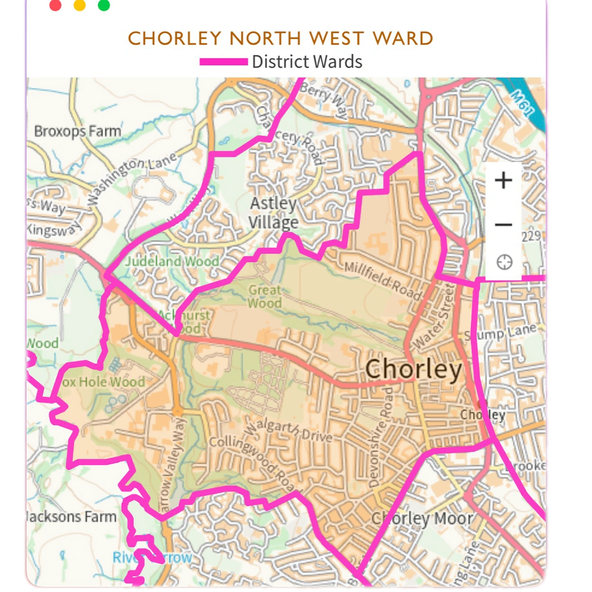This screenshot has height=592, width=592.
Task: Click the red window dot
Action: click(x=55, y=5)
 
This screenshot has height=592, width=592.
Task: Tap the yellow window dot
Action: click(x=80, y=5)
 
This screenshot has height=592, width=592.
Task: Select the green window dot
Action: click(x=104, y=5)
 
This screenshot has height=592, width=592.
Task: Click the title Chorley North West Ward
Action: click(x=280, y=39)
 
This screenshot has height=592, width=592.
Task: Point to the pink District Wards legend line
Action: click(x=223, y=62)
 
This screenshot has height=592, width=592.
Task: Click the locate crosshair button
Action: click(x=504, y=262)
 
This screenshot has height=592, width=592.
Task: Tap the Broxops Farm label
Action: click(x=77, y=131)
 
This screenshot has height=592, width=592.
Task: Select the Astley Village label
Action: click(x=274, y=212)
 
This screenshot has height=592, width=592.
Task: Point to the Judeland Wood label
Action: click(x=172, y=261)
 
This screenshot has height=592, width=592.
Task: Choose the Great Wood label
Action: click(x=264, y=296)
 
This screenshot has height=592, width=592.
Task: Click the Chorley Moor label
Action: click(x=422, y=518)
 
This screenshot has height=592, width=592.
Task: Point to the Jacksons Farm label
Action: click(x=71, y=517)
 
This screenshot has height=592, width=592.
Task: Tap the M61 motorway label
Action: click(x=521, y=103)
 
